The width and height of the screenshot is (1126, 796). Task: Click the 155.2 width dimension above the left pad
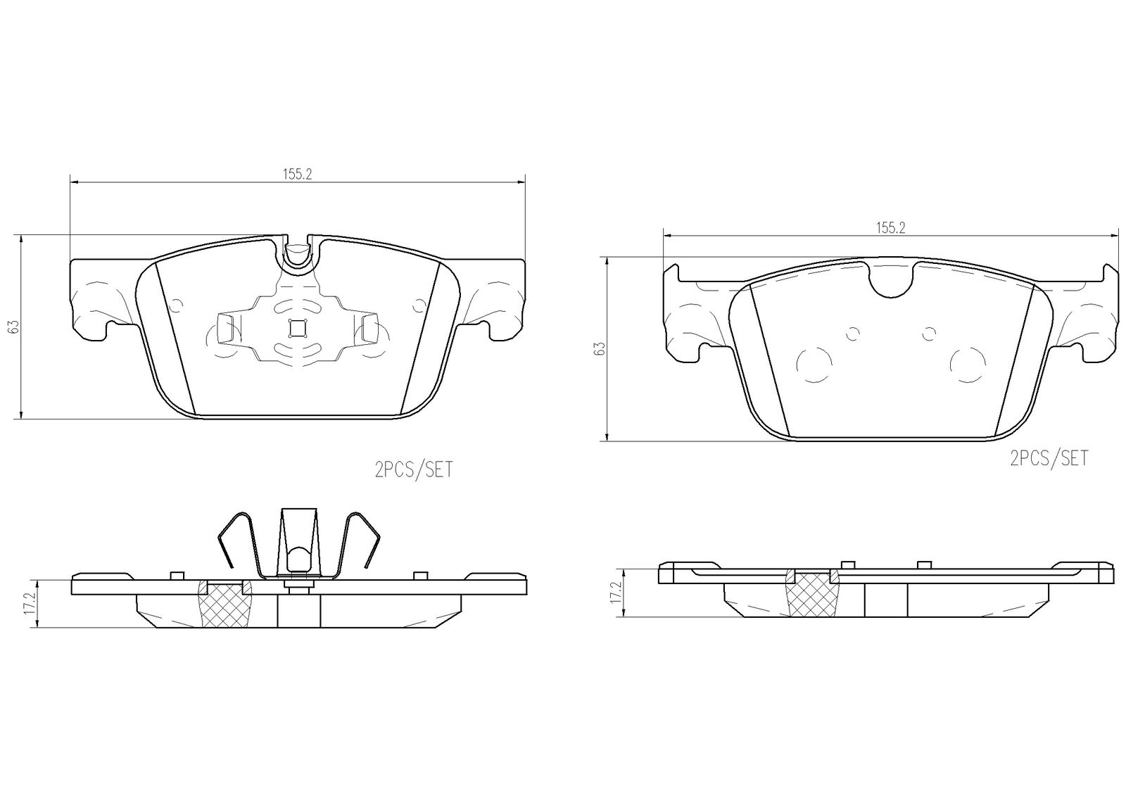[297, 175]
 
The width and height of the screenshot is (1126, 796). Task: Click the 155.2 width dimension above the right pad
[891, 228]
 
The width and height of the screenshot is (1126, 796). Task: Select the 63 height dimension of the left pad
[14, 326]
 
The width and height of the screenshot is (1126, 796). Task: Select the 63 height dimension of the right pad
[599, 349]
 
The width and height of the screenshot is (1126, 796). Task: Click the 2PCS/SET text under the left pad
[414, 470]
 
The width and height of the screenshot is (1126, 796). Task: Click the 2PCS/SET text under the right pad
[1049, 459]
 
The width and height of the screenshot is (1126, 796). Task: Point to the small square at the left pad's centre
[298, 329]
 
